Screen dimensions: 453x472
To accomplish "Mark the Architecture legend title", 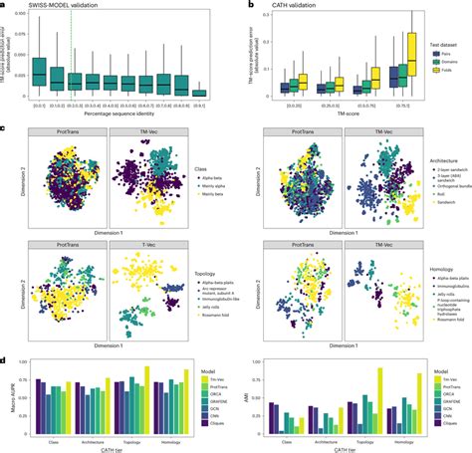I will tap(430, 162).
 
